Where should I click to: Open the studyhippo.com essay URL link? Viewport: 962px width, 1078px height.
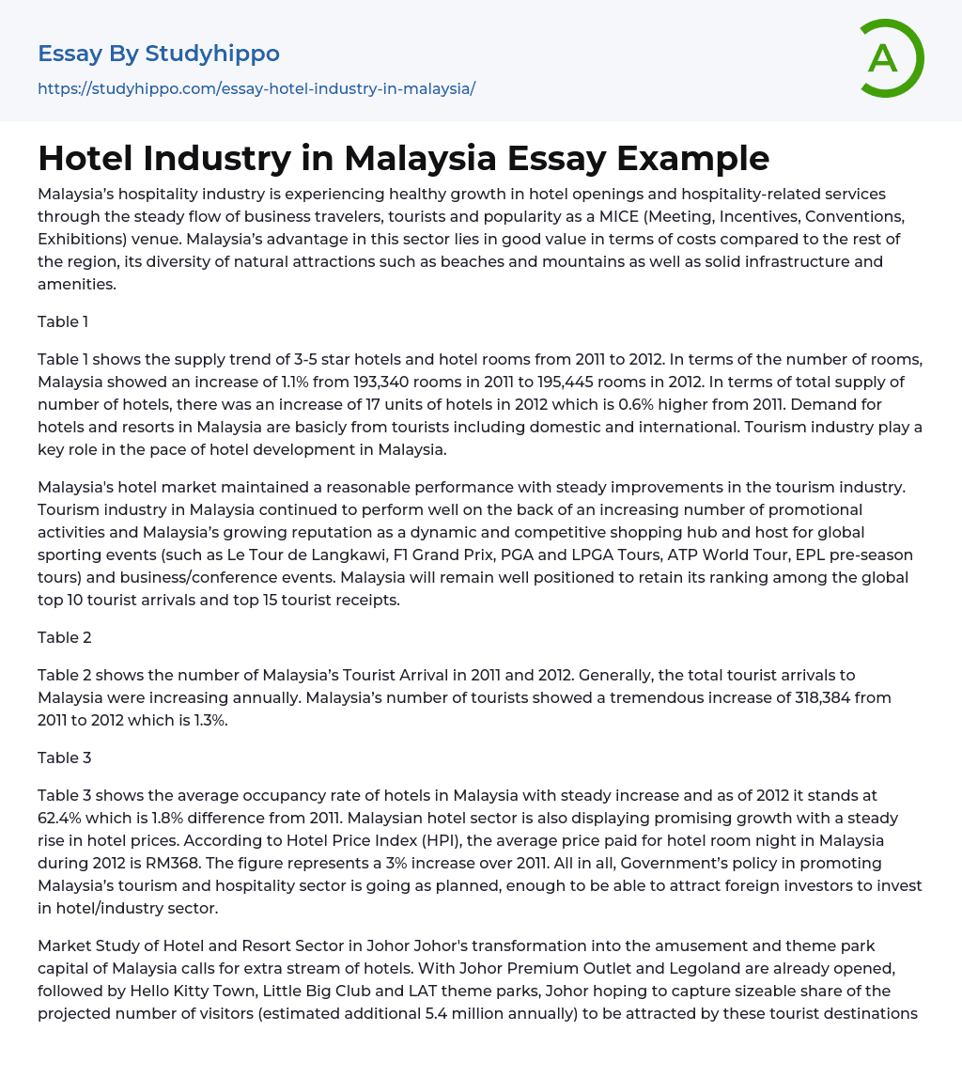[256, 88]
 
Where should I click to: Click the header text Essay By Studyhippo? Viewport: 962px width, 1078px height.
[159, 54]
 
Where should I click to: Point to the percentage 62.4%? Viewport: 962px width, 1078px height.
[64, 818]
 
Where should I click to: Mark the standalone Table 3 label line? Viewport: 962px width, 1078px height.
[65, 758]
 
